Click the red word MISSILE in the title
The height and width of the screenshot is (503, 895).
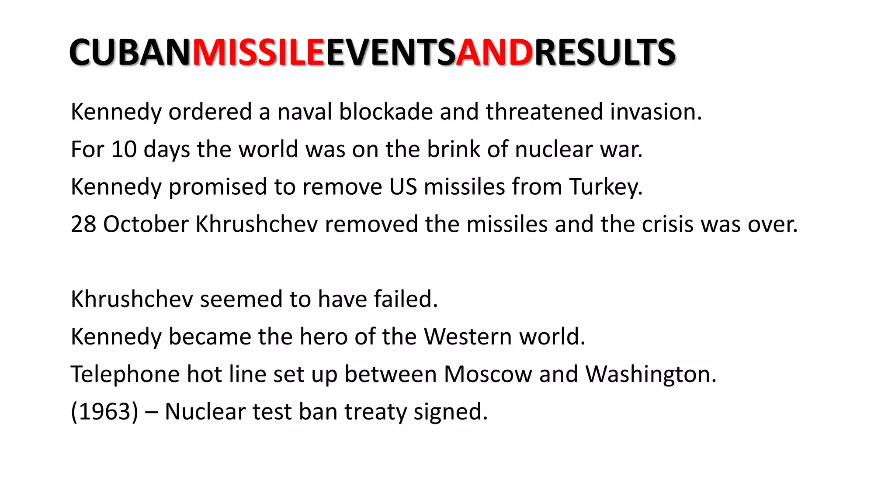(259, 52)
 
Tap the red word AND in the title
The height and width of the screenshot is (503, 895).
(494, 52)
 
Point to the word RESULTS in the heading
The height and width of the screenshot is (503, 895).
(605, 52)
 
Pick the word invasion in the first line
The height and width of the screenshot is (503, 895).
(656, 112)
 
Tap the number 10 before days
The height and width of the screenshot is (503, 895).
(124, 149)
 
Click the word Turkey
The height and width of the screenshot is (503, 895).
(606, 187)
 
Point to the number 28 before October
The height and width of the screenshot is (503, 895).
(83, 224)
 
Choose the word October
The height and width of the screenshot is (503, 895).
(146, 224)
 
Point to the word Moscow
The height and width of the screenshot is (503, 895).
(488, 375)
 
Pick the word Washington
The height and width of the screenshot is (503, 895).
(651, 375)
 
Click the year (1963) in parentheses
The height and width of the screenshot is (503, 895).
(104, 412)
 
